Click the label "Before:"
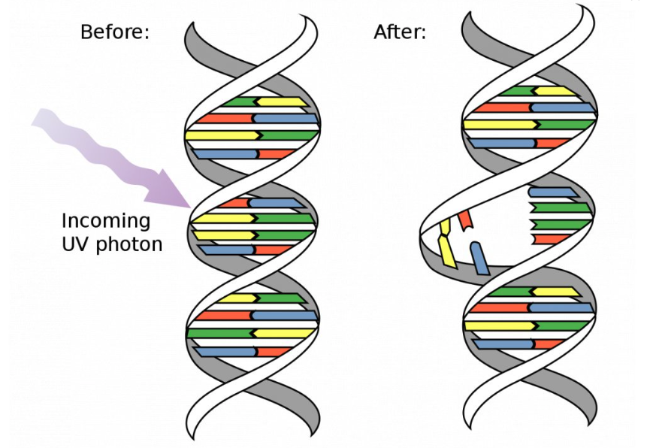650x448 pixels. pos(115,32)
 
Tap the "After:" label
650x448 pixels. pos(400,32)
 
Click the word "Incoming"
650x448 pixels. pos(106,221)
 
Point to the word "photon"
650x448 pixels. pos(129,245)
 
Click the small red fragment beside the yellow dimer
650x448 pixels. pos(466,219)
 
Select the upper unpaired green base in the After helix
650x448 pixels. pos(560,207)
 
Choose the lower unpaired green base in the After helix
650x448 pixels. pos(560,225)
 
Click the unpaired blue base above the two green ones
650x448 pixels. pos(553,192)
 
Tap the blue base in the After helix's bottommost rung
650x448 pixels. pos(503,344)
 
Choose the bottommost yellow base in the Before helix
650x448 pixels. pos(284,333)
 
